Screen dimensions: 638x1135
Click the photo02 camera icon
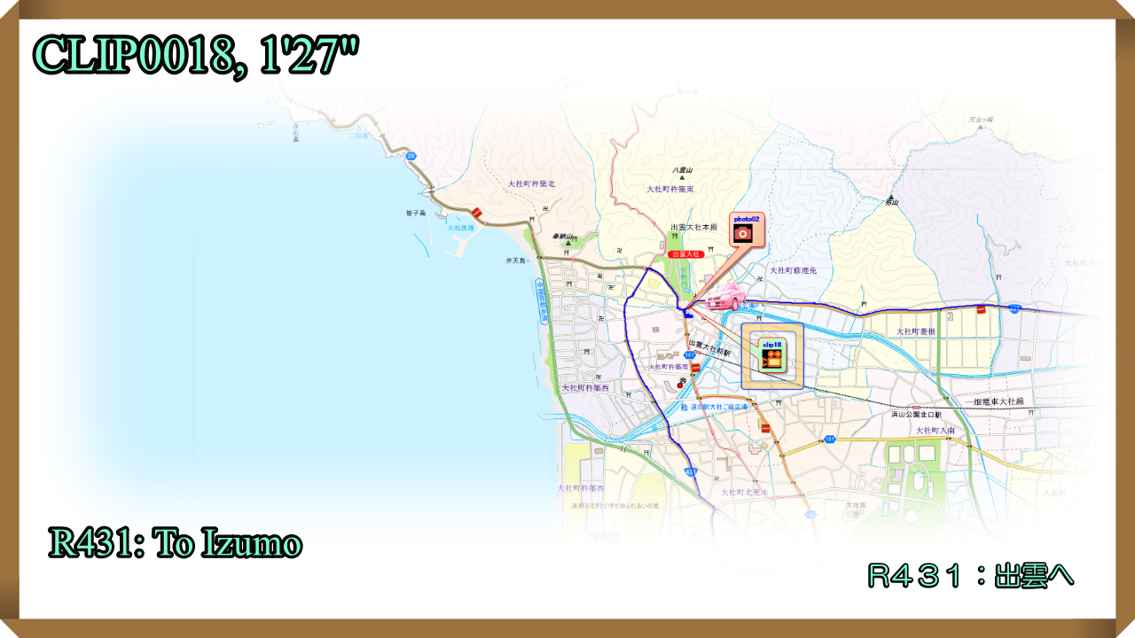point(744,232)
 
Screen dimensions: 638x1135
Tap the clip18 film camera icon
point(772,357)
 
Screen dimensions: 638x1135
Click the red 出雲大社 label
point(686,254)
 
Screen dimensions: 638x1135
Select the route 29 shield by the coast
point(411,156)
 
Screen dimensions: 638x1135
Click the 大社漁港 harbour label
point(461,228)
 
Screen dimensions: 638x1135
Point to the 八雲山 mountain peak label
point(682,170)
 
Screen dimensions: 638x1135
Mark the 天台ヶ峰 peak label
point(981,120)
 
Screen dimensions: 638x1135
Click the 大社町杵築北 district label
point(531,184)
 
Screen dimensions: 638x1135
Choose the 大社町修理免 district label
point(793,270)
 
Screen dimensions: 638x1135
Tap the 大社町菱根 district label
point(917,331)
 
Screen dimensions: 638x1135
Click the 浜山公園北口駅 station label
point(917,414)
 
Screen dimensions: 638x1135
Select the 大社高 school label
point(855,506)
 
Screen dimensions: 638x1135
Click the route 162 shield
point(810,514)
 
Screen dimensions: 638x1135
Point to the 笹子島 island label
point(416,214)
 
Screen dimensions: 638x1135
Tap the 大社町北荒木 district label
point(744,492)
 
